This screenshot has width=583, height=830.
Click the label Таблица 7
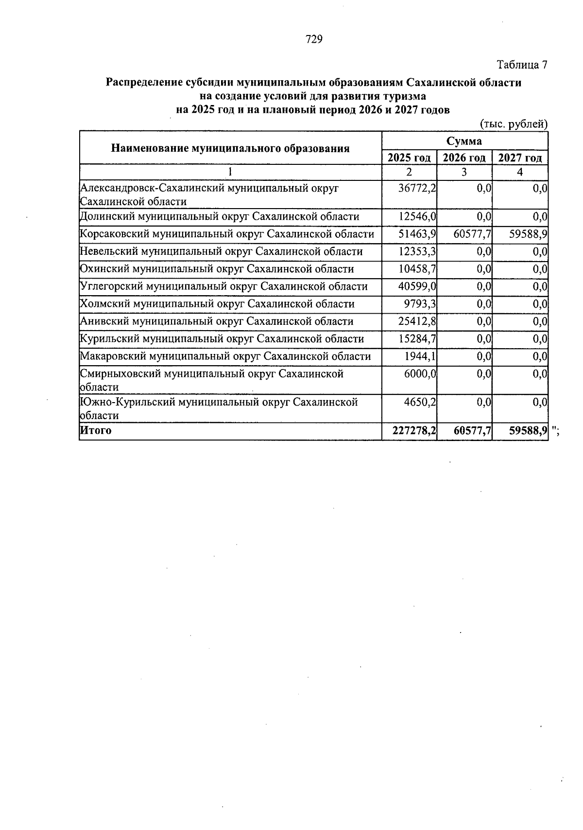point(522,65)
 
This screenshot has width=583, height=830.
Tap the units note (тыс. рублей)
point(514,124)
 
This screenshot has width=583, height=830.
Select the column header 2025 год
point(409,158)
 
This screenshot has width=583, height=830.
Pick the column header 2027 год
point(520,158)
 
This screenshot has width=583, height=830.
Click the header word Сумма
point(464,141)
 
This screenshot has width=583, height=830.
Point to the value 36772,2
point(417,188)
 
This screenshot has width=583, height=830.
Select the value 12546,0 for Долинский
point(417,217)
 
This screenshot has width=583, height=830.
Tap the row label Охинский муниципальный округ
point(217,269)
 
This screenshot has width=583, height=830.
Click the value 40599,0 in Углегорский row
point(417,287)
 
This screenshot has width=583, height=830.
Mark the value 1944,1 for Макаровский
point(420,357)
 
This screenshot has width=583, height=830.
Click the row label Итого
point(96,431)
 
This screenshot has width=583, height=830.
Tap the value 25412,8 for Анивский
point(417,322)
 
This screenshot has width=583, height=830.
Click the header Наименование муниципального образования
point(230,149)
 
